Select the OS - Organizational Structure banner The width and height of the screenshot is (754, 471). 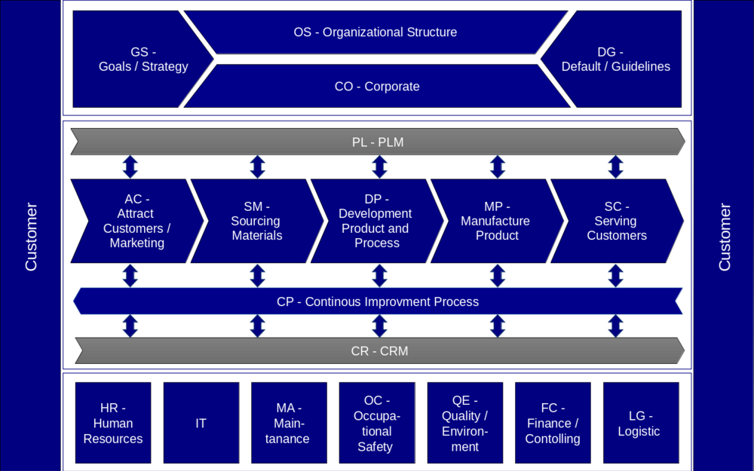coord(375,32)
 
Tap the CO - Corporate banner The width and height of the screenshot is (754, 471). coord(376,87)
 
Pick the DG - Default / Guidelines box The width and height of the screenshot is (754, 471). coord(615,59)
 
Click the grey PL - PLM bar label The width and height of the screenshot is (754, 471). coord(377,142)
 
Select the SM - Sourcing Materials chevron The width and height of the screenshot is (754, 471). coord(256,221)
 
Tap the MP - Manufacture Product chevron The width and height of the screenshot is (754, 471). coord(495,221)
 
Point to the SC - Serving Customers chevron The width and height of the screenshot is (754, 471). coord(616,221)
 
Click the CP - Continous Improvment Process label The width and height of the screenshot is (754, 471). coord(377,301)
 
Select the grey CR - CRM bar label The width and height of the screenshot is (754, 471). coord(379,351)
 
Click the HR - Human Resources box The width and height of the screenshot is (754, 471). coord(113,423)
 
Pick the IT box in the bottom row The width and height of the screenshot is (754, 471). coord(201,423)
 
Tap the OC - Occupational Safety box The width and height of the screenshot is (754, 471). coord(376,423)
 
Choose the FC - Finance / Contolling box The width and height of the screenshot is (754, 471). coord(552,423)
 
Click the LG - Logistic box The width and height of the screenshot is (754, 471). coord(639,423)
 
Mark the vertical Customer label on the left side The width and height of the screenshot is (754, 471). coord(31,236)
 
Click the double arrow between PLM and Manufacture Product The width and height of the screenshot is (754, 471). coord(497,167)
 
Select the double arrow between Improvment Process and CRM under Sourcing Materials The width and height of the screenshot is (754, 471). coord(257,326)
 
